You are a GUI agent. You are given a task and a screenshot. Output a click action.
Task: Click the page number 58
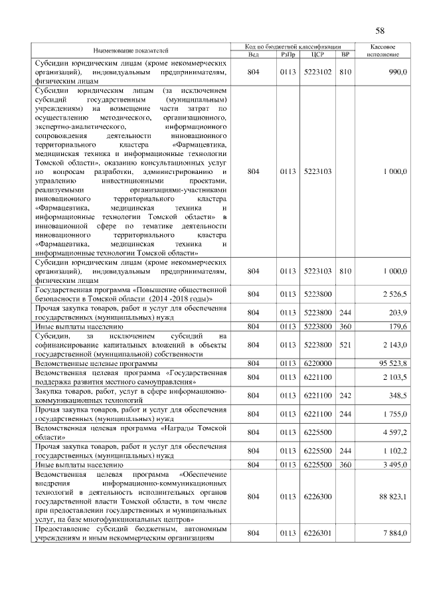(x=380, y=31)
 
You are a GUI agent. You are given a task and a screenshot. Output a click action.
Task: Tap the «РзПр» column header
(x=288, y=54)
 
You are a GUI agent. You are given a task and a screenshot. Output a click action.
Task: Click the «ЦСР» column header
(x=317, y=54)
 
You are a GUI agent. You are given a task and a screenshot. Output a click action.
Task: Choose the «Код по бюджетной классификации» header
(x=290, y=46)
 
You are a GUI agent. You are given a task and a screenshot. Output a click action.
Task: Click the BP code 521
(x=344, y=345)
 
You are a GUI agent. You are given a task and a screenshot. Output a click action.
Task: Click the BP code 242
(x=344, y=396)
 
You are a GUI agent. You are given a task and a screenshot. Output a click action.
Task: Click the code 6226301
(x=317, y=533)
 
